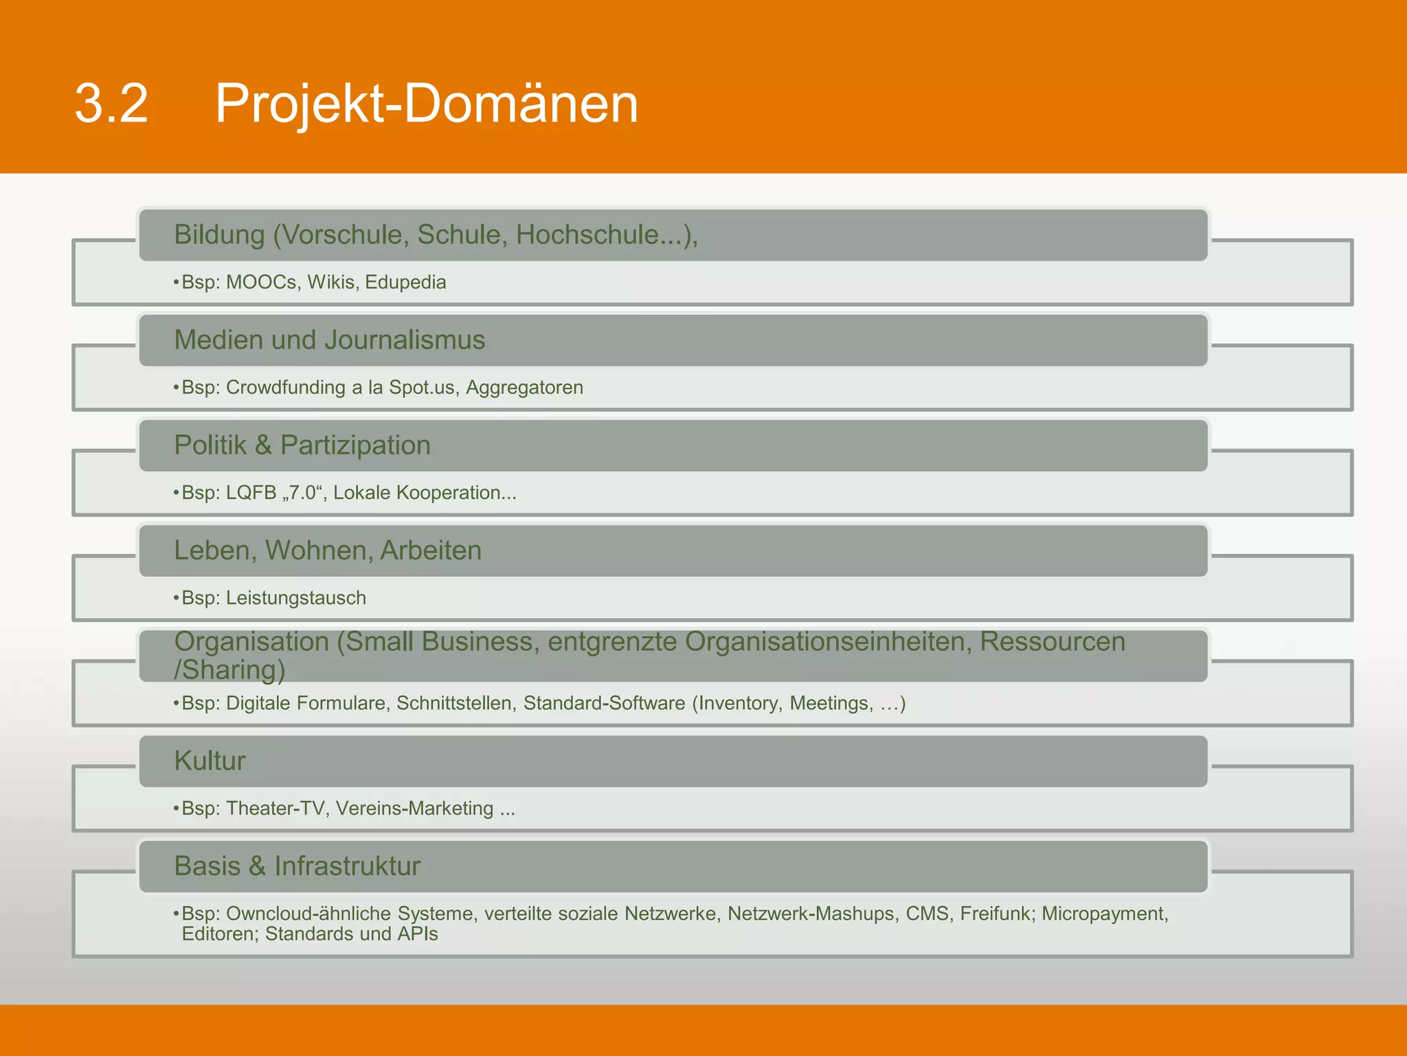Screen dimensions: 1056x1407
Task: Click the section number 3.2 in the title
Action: [x=111, y=104]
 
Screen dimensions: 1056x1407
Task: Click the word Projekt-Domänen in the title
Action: [x=427, y=104]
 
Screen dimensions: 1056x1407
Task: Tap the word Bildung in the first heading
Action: [x=219, y=235]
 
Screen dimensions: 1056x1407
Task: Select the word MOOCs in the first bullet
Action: [x=262, y=283]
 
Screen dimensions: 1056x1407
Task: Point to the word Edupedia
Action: [x=405, y=283]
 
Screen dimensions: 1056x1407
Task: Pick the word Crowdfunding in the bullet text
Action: [x=285, y=388]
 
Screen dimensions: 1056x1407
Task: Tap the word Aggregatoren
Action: [x=524, y=388]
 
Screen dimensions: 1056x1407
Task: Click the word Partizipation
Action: [x=355, y=445]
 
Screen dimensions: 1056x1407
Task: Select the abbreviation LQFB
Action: [x=251, y=493]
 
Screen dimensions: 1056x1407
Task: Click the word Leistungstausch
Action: [x=295, y=598]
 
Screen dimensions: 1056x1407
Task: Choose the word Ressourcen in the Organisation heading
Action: [x=1052, y=641]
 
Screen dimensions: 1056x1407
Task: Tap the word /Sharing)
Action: [x=229, y=670]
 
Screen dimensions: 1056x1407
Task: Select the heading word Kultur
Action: [x=210, y=761]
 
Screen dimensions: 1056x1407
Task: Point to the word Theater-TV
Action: [x=275, y=808]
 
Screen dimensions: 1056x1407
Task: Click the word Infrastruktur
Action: [x=347, y=866]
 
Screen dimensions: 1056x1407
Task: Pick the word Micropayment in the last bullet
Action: [x=1104, y=914]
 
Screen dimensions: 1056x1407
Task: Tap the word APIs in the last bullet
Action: [x=417, y=934]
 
